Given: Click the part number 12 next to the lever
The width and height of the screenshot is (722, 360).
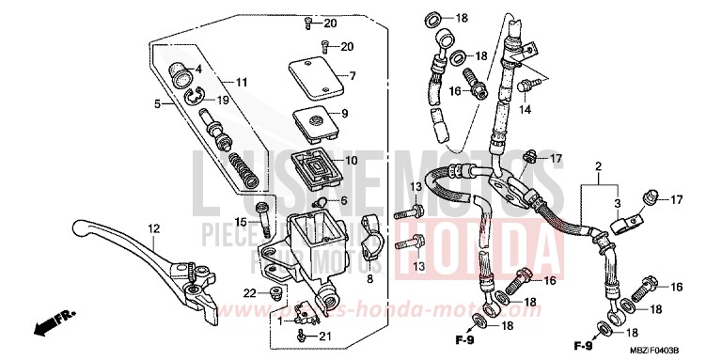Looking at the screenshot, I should click(153, 227).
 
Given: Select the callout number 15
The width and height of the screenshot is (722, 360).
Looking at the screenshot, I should click(241, 222).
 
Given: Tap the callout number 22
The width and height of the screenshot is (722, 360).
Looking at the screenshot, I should click(248, 294).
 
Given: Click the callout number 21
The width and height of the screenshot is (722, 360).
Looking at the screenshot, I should click(325, 336).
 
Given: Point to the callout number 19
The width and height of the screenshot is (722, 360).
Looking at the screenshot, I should click(223, 100).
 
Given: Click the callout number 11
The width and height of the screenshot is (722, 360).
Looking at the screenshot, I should click(242, 83).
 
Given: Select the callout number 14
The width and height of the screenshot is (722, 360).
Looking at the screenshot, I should click(526, 109).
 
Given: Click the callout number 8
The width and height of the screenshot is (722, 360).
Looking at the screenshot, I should click(369, 279).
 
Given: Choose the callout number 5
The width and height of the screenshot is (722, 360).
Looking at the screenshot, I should click(158, 105).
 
